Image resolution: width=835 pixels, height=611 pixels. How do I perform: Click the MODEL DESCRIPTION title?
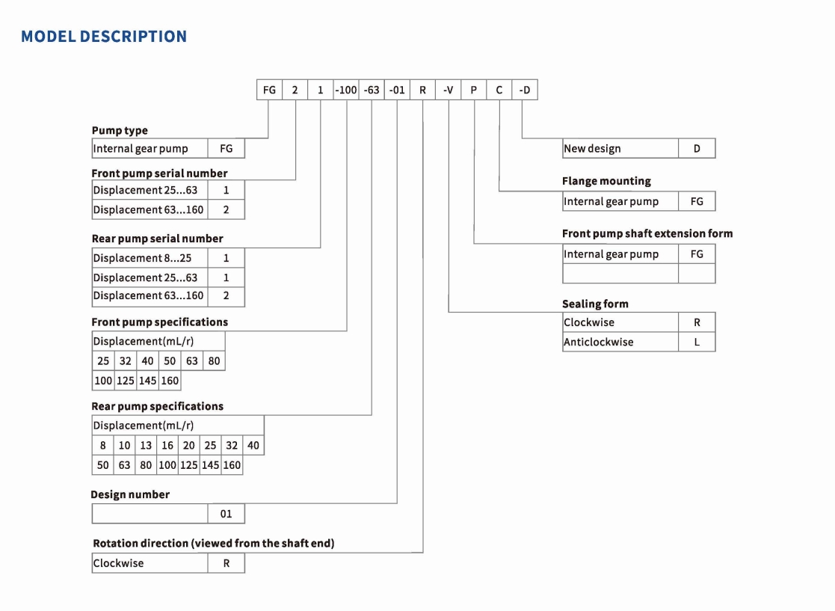[x=104, y=36]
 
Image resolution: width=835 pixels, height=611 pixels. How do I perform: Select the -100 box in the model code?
[x=346, y=90]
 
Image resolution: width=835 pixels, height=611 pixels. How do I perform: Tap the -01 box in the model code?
[x=397, y=90]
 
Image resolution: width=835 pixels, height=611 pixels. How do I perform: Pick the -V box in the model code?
[x=449, y=90]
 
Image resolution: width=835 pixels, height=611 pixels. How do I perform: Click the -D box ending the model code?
[x=525, y=90]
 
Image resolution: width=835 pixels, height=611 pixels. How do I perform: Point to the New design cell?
[x=620, y=149]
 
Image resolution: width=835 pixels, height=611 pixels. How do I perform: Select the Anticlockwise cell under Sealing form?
[x=620, y=342]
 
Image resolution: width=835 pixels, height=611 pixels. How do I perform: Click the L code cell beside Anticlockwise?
[x=697, y=342]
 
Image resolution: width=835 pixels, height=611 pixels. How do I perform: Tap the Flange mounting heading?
[x=606, y=181]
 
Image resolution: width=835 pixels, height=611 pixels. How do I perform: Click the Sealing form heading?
[x=595, y=304]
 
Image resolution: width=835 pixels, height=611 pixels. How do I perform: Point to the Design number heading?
[x=130, y=494]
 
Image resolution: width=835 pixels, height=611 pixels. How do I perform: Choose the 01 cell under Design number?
[x=227, y=514]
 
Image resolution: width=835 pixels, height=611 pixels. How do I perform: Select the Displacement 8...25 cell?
[x=150, y=258]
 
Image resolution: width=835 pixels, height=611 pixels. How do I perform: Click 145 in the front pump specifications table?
[x=147, y=381]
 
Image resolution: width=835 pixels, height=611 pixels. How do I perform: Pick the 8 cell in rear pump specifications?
[x=102, y=445]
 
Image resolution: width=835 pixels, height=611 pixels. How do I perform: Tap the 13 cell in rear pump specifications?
[x=146, y=445]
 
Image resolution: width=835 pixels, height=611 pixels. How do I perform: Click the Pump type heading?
[x=120, y=131]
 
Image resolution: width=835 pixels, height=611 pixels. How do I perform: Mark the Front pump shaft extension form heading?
[x=647, y=233]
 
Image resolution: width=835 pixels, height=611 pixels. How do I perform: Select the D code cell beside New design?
[x=697, y=149]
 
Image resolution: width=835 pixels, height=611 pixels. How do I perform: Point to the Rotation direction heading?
[x=214, y=544]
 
